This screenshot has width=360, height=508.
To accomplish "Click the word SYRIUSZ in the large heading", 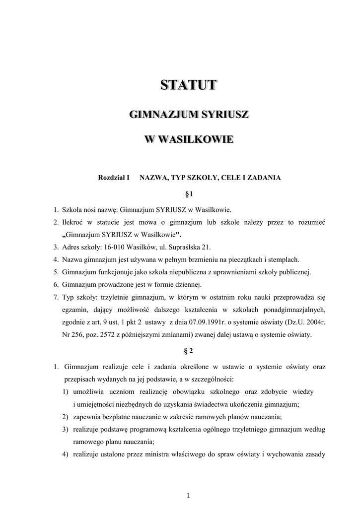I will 223,115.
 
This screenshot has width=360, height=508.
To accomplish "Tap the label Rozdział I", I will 114,177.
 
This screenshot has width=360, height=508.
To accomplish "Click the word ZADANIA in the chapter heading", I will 263,177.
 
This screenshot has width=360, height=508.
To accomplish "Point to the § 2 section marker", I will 188,351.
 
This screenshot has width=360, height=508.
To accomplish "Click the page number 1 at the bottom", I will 189,495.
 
